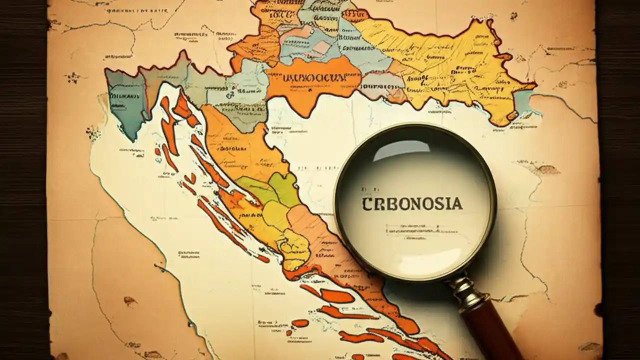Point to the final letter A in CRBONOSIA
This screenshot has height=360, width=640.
point(457,204)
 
